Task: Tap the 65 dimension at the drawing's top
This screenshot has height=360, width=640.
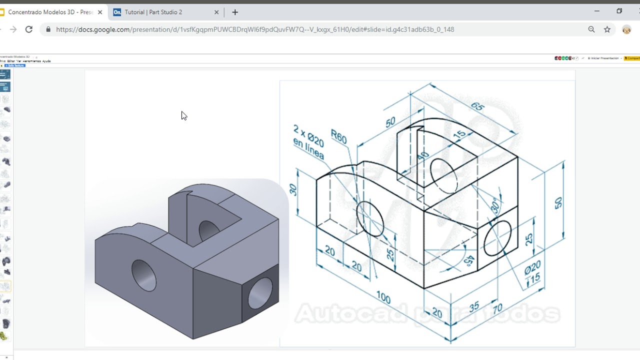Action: [477, 106]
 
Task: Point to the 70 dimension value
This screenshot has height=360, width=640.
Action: [497, 309]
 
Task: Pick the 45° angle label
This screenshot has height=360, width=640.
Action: [468, 260]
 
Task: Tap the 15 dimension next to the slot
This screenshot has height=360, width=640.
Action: [458, 134]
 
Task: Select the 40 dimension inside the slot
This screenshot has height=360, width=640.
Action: [422, 156]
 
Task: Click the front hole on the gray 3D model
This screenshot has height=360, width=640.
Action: [143, 275]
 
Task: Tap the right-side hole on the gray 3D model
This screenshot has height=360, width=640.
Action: [260, 293]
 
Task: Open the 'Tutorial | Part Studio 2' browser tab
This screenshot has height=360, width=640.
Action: [153, 12]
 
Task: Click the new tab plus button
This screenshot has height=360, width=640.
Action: [235, 12]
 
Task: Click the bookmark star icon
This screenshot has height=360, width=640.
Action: [607, 29]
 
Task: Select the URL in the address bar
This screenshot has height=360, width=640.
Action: [255, 29]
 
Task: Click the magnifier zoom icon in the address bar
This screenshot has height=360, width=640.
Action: [591, 29]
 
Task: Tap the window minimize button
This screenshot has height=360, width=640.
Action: [596, 11]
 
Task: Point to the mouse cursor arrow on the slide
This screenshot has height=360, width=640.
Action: [183, 115]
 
